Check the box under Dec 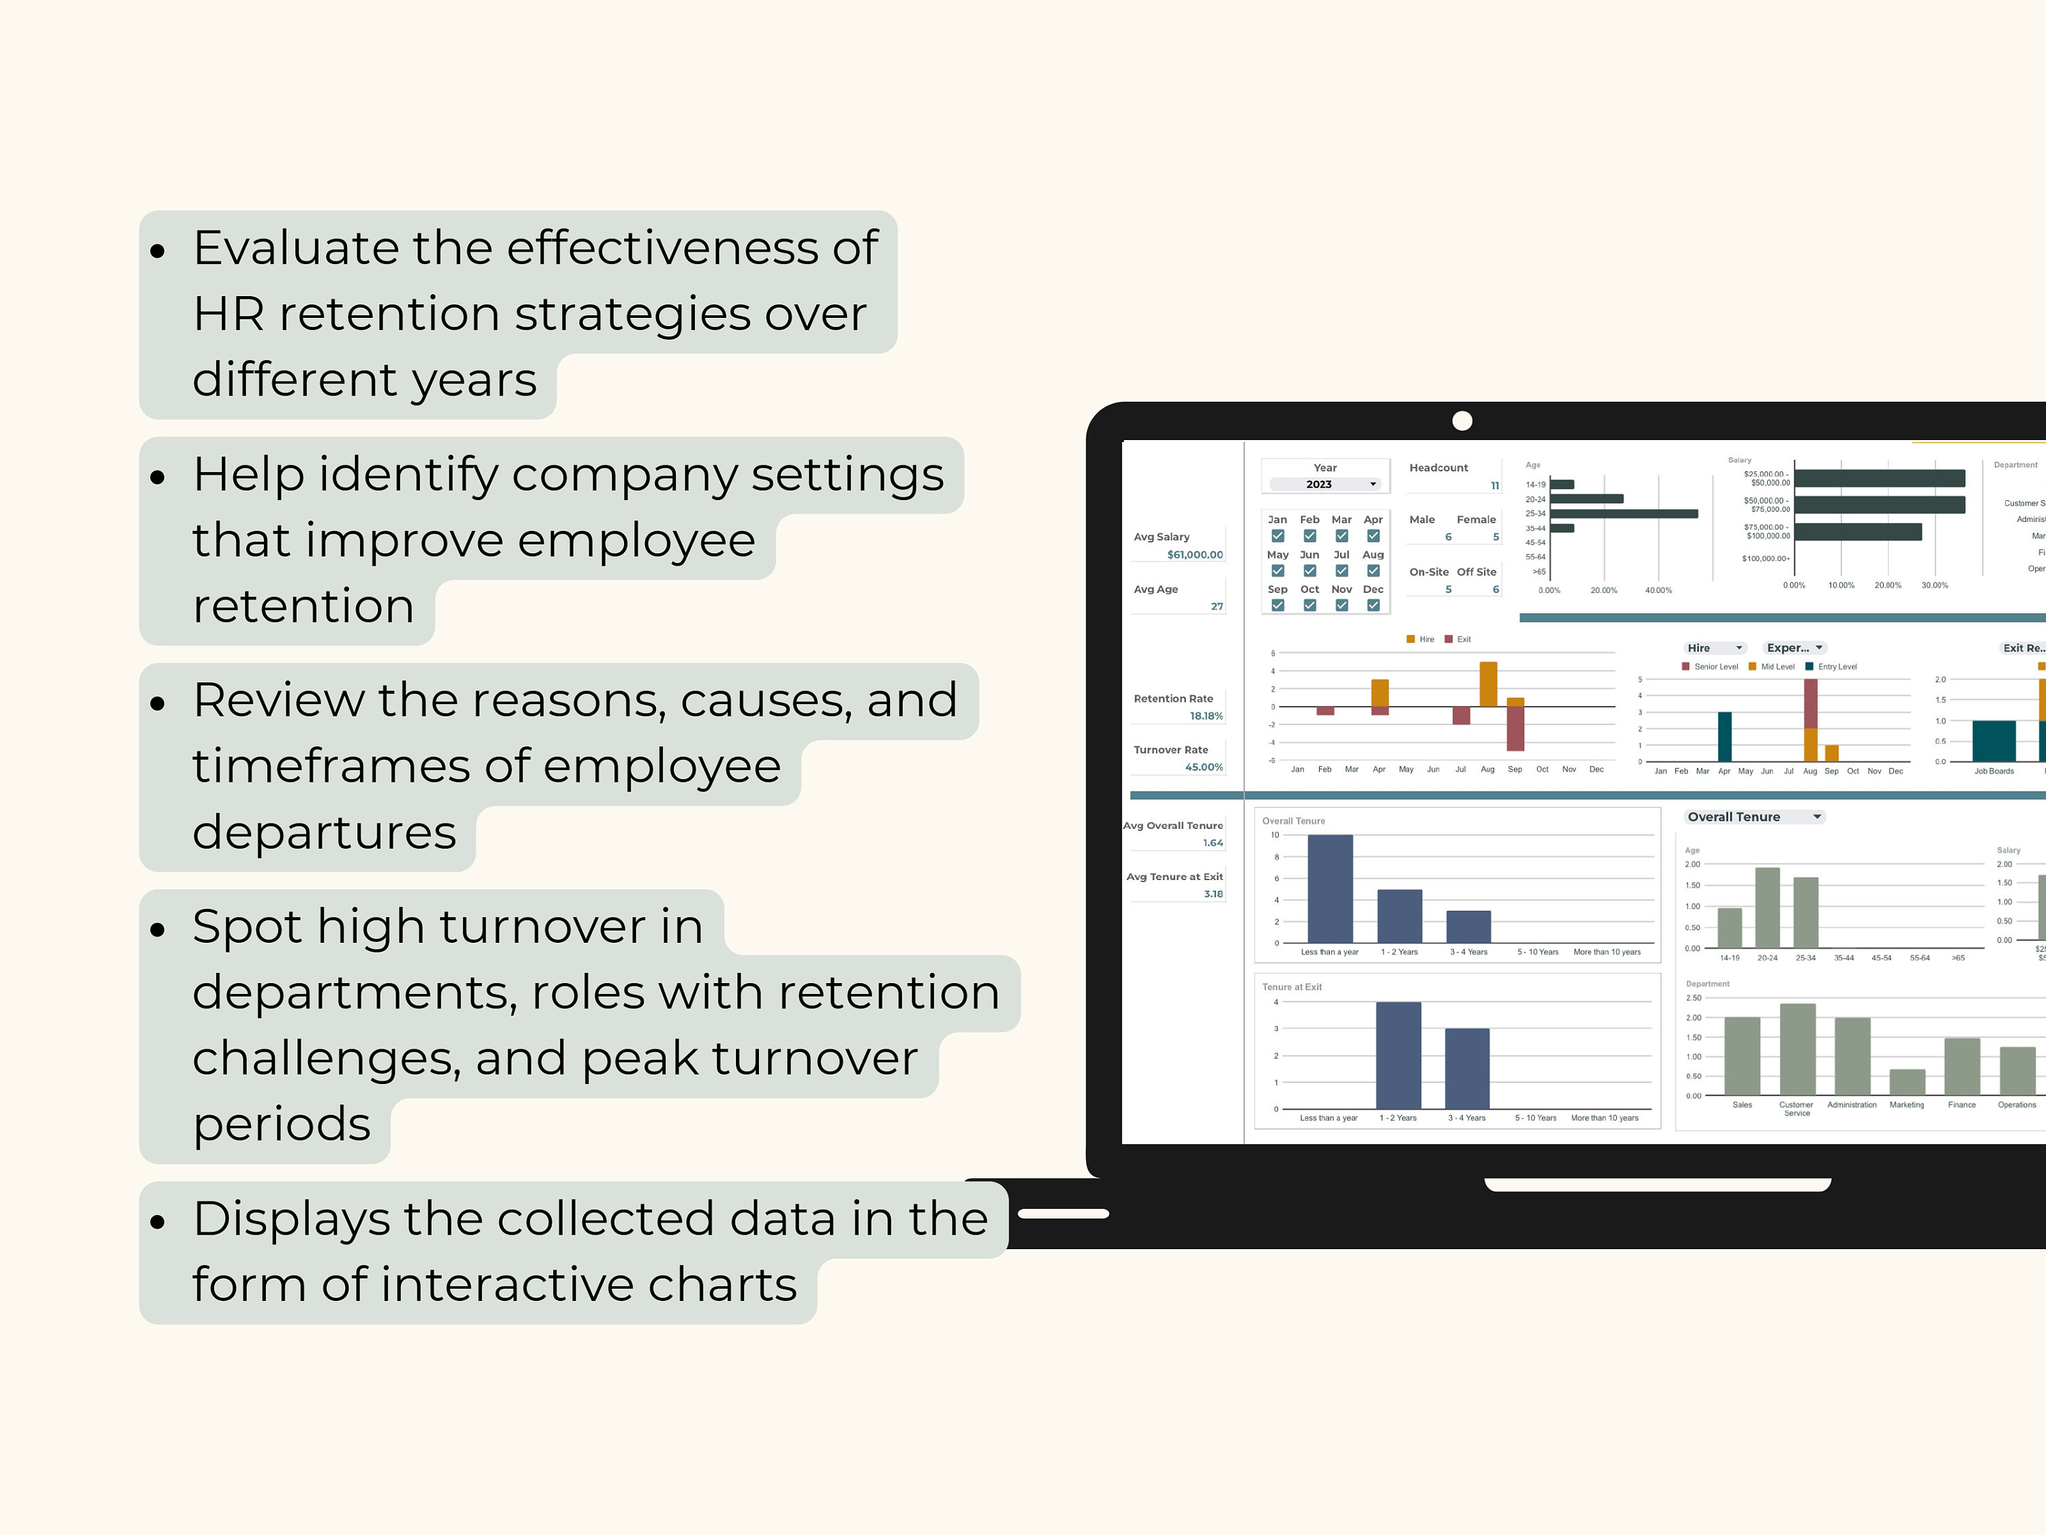click(1374, 606)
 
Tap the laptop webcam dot click(1462, 421)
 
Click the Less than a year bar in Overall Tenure click(1330, 888)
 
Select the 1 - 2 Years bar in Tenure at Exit click(1399, 1055)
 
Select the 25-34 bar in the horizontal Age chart click(1623, 514)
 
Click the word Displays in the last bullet click(291, 1218)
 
